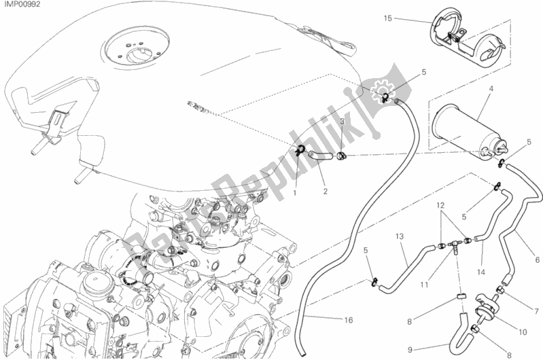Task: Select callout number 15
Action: pos(387,18)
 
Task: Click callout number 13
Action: pos(400,236)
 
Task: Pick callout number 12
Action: pos(440,205)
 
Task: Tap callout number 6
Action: pos(538,259)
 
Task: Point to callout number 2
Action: pos(326,191)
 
